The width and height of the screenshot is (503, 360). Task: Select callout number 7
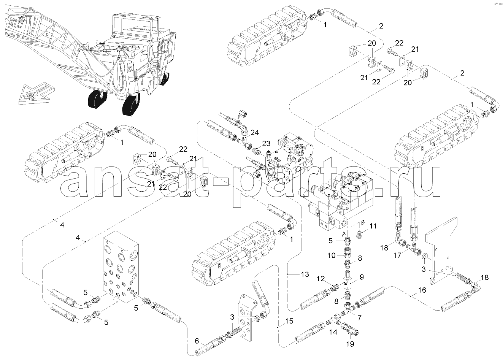point(359,316)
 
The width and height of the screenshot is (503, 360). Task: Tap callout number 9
point(361,277)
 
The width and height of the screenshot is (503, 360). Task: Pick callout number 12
point(321,279)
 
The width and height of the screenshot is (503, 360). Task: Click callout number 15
point(289,321)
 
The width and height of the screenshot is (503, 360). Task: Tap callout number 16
point(422,290)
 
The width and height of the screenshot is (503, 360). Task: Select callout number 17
point(397,256)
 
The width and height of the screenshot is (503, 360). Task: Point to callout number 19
point(350,344)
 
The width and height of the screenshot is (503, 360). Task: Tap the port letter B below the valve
point(363,222)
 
